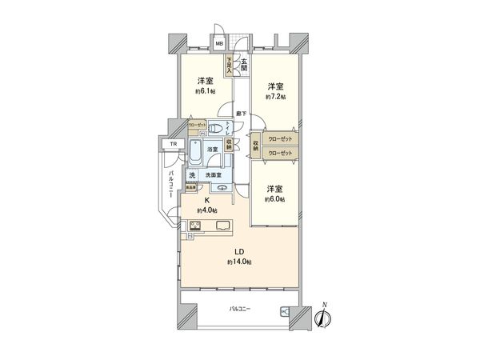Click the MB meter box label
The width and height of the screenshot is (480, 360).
click(x=219, y=45)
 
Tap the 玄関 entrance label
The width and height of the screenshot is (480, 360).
click(x=244, y=62)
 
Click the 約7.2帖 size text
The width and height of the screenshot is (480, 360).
click(x=276, y=96)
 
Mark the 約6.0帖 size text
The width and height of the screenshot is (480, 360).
click(x=276, y=199)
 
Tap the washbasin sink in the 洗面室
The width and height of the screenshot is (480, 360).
click(x=221, y=189)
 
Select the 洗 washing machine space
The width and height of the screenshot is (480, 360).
click(x=192, y=175)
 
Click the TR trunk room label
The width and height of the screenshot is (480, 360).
click(x=172, y=145)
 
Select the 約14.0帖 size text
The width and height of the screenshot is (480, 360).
click(x=239, y=262)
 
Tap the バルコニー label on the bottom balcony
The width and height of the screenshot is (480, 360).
click(x=239, y=308)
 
